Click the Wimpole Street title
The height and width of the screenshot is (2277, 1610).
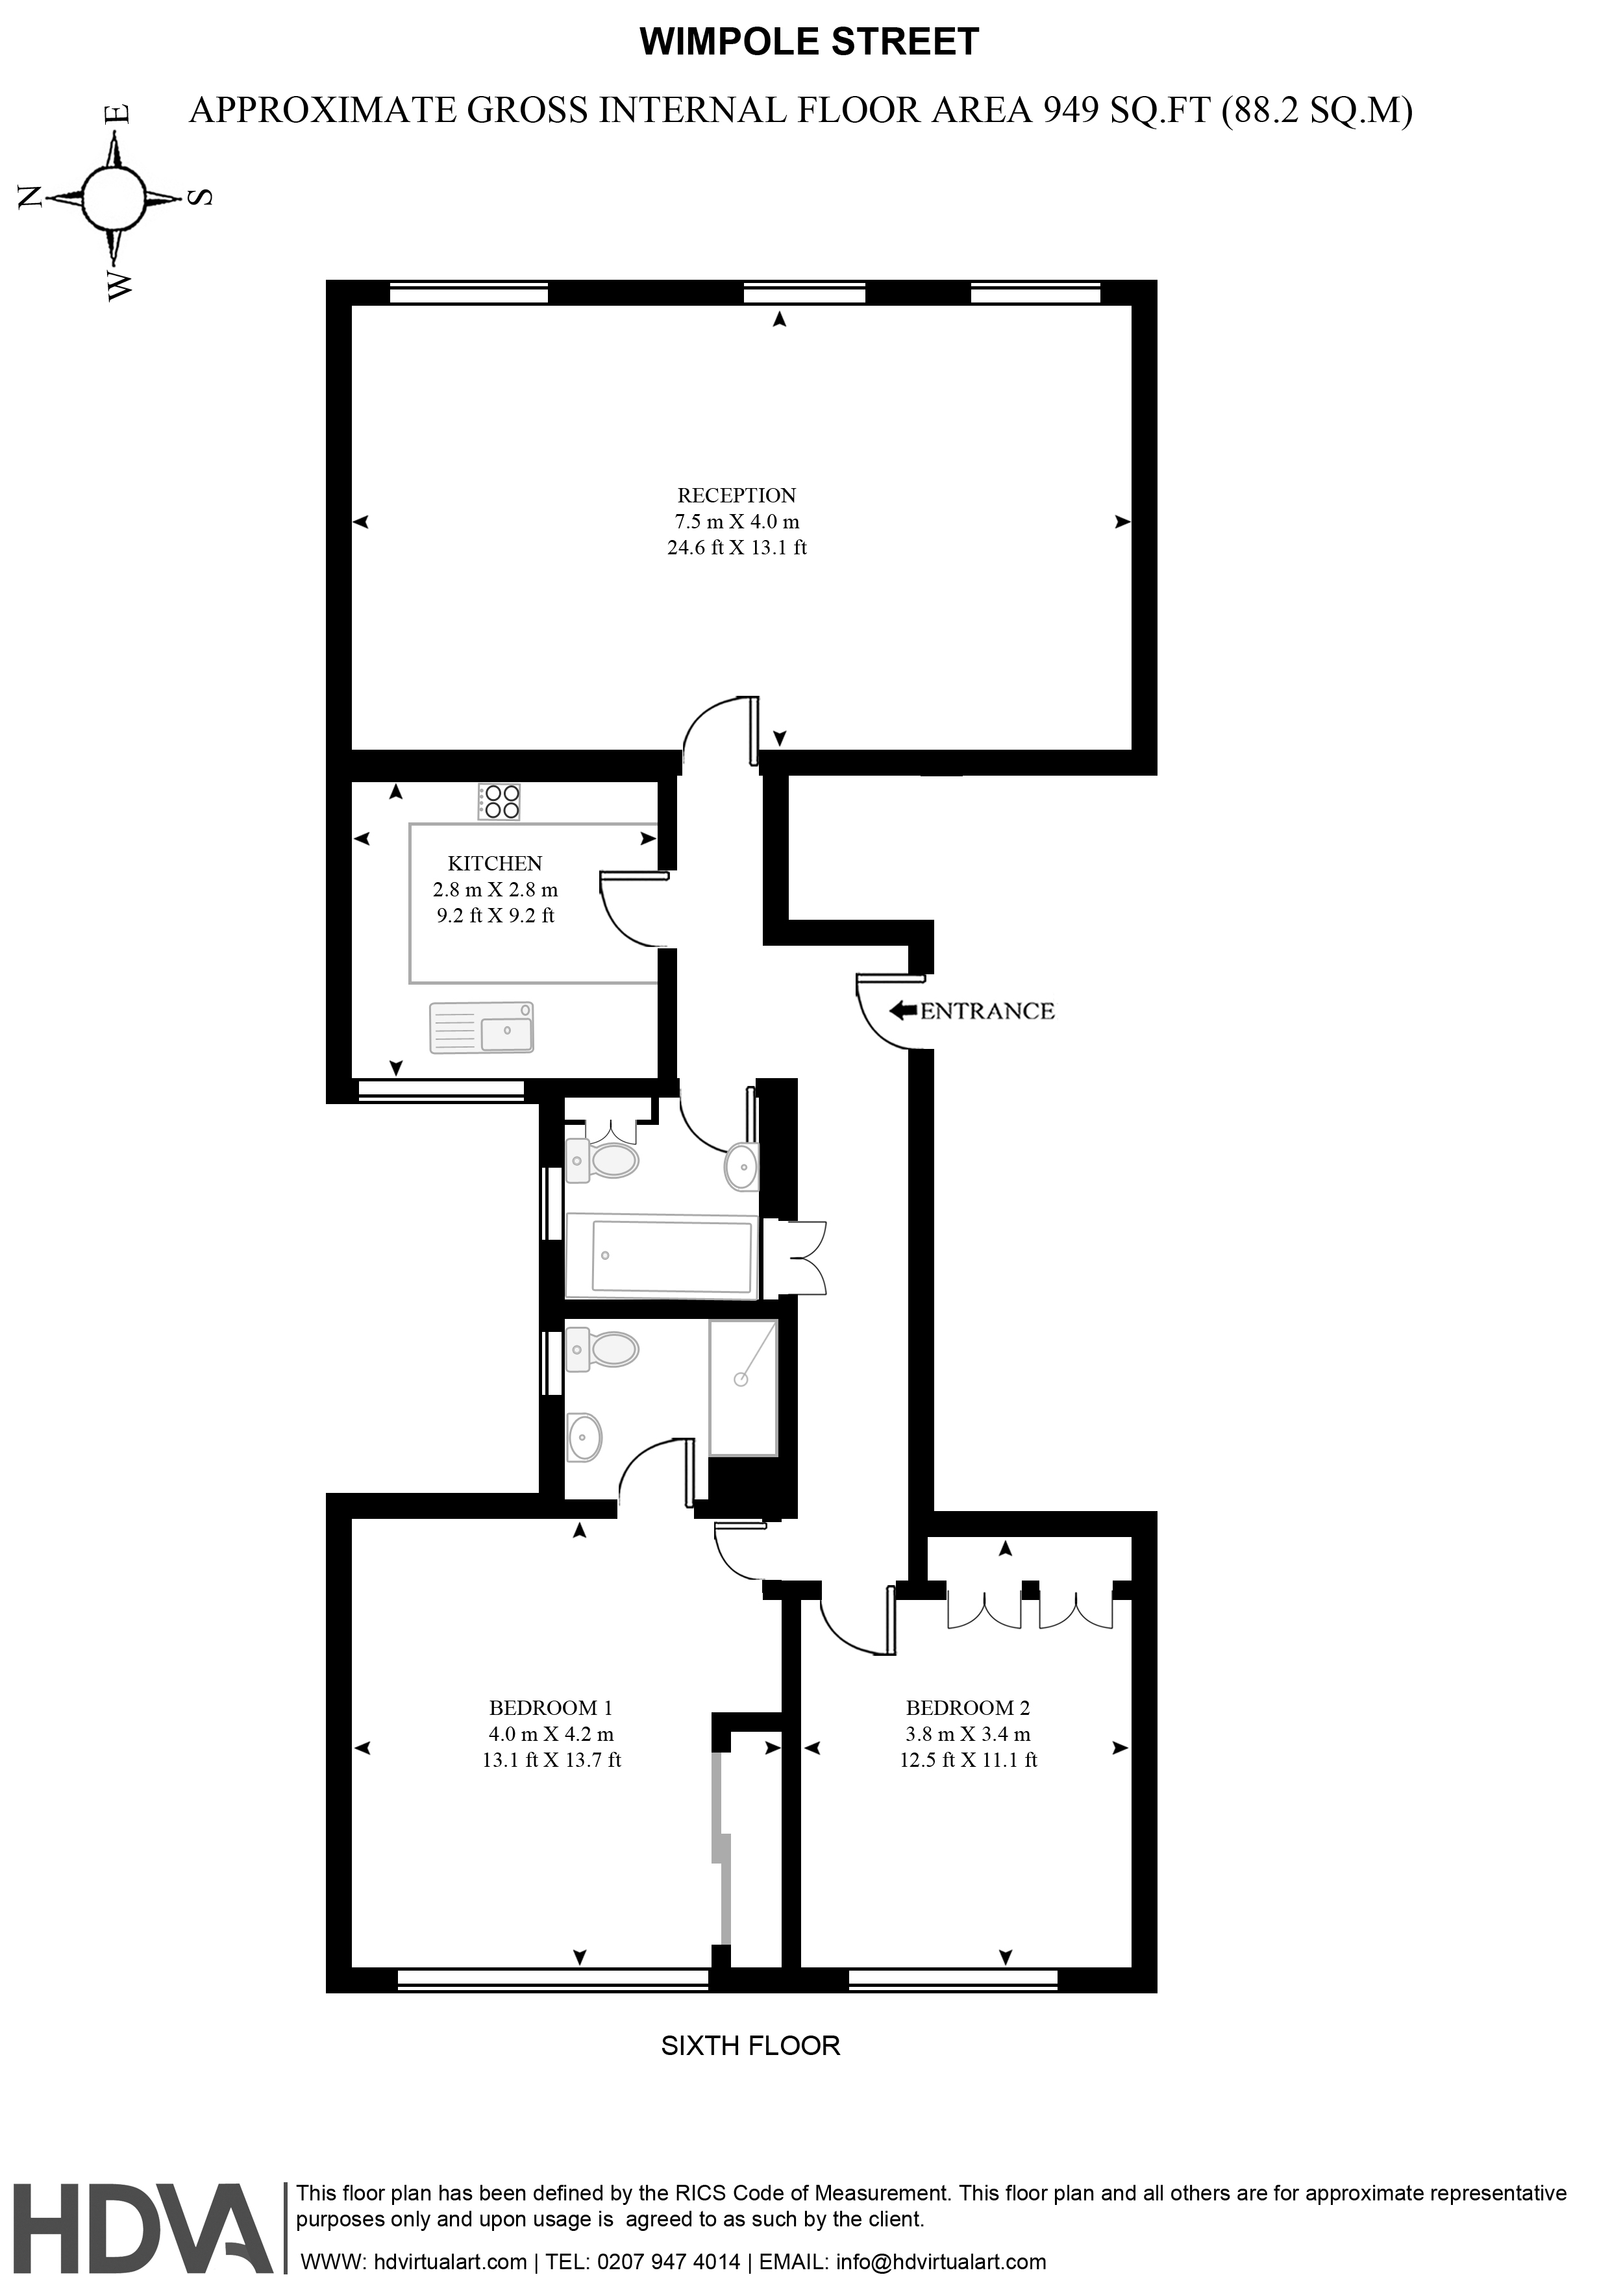pos(810,42)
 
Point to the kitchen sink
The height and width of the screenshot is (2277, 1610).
pos(481,1028)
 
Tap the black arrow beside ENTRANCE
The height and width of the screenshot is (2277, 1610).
pos(903,1011)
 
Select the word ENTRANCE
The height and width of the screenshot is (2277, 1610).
pos(987,1011)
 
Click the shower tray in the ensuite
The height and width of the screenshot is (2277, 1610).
pos(743,1387)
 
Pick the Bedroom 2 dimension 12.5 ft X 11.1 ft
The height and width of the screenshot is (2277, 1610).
pos(967,1760)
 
